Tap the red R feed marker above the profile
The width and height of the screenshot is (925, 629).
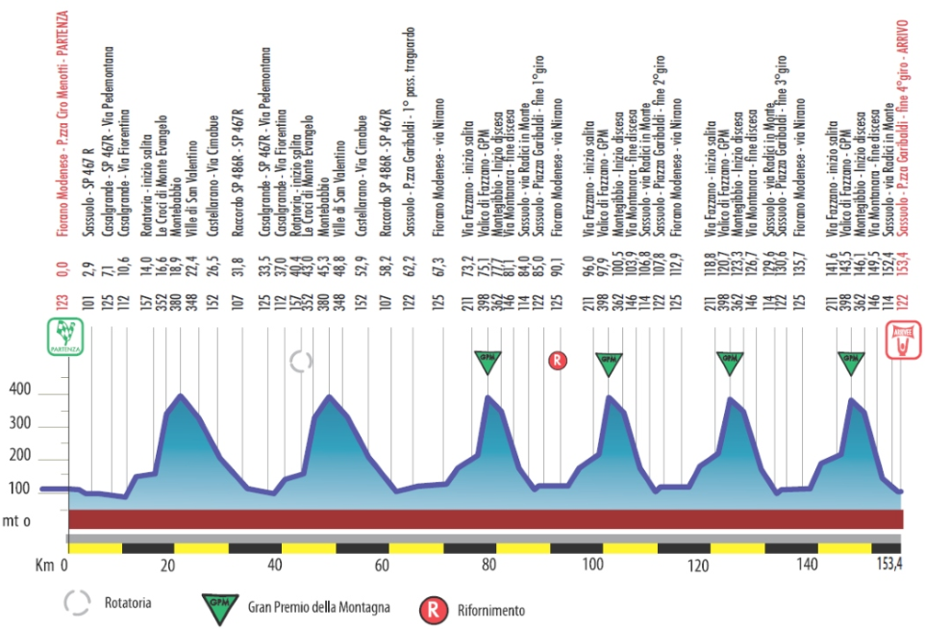pos(558,361)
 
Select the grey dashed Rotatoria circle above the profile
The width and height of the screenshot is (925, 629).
pos(302,362)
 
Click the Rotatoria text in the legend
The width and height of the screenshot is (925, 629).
pos(127,604)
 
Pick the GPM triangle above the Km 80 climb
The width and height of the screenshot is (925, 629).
pos(488,362)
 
